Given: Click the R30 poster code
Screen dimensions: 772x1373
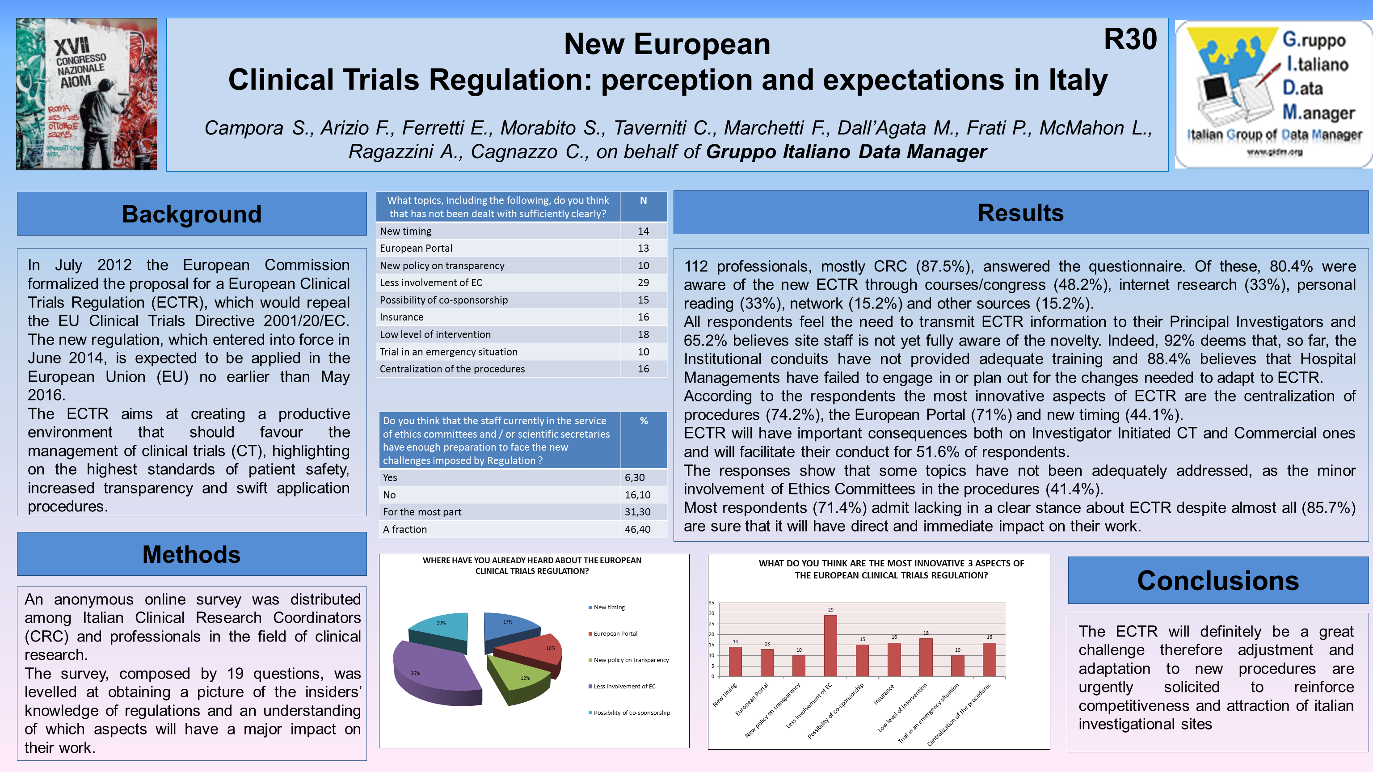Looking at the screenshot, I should coord(1129,39).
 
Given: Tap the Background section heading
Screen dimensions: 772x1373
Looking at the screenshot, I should coord(191,214).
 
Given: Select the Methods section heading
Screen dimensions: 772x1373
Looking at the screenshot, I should coord(191,554).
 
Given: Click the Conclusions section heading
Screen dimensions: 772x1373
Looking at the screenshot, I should coord(1217,581).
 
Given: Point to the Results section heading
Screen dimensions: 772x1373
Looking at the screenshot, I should coord(1020,213).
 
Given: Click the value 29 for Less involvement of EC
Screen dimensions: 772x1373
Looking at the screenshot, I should coord(643,283).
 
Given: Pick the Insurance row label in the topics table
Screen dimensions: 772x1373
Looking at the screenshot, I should coord(401,317).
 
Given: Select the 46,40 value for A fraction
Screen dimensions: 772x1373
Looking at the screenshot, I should coord(637,529).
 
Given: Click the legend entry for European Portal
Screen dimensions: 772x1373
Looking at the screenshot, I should coord(615,634).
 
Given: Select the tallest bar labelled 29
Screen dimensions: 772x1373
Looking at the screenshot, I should coord(830,646).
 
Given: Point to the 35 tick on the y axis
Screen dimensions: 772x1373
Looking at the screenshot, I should coord(712,603).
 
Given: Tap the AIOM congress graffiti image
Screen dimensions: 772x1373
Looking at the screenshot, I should coord(86,94).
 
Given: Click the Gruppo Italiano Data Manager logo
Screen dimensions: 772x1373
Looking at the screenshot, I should coord(1273,94).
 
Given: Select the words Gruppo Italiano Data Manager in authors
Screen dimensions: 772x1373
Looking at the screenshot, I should coord(847,152).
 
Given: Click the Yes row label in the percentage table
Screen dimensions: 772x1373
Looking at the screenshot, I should coord(390,478).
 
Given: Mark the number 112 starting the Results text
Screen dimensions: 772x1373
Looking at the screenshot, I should coord(695,266).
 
